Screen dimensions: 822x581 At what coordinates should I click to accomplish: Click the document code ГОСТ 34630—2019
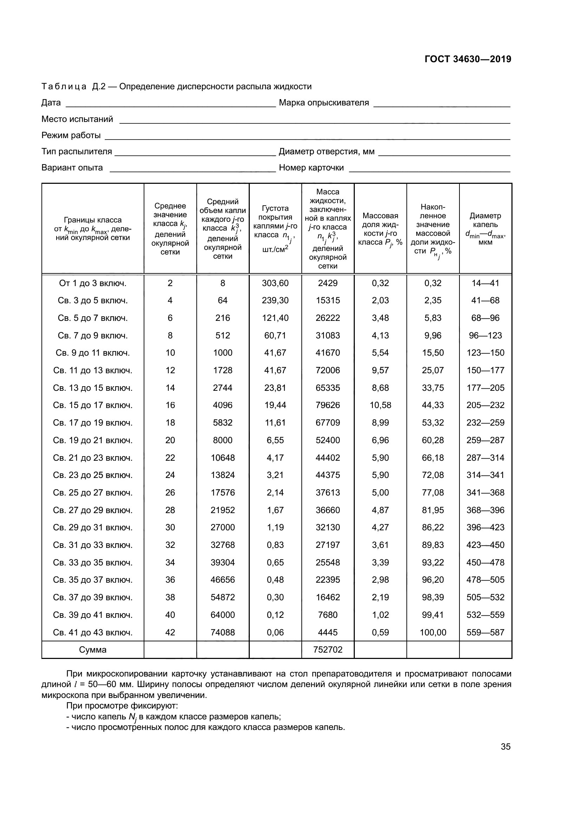tap(468, 59)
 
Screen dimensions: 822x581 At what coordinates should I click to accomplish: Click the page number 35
tap(505, 746)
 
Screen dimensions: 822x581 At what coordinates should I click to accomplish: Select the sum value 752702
tap(328, 649)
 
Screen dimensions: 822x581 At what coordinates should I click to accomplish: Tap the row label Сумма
tap(93, 649)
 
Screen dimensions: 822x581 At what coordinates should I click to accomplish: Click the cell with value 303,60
tap(275, 283)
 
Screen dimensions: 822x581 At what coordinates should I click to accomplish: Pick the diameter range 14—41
tap(485, 283)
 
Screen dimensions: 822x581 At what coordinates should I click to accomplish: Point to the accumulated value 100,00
tap(433, 632)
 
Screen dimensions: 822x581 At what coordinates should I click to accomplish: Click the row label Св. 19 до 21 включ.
tap(93, 440)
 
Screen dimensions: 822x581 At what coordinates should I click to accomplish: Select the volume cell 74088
tap(222, 632)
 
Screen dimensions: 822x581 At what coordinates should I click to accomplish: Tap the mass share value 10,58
tap(380, 405)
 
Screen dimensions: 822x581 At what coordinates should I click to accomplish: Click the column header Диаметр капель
tap(485, 228)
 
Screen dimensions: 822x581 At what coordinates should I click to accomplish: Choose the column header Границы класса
tap(93, 220)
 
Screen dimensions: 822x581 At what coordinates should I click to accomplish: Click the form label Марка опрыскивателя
tap(324, 103)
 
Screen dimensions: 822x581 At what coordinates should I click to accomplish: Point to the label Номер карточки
tap(311, 168)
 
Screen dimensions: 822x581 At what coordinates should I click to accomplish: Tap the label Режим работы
tap(71, 135)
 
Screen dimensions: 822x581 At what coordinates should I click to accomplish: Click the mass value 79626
tap(328, 405)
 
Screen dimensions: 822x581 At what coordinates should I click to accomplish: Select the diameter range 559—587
tap(485, 632)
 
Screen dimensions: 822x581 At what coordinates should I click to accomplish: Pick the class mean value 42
tap(170, 632)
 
